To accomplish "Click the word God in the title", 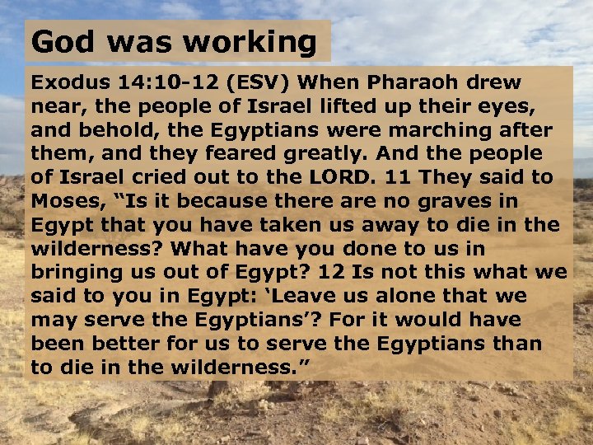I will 58,41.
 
